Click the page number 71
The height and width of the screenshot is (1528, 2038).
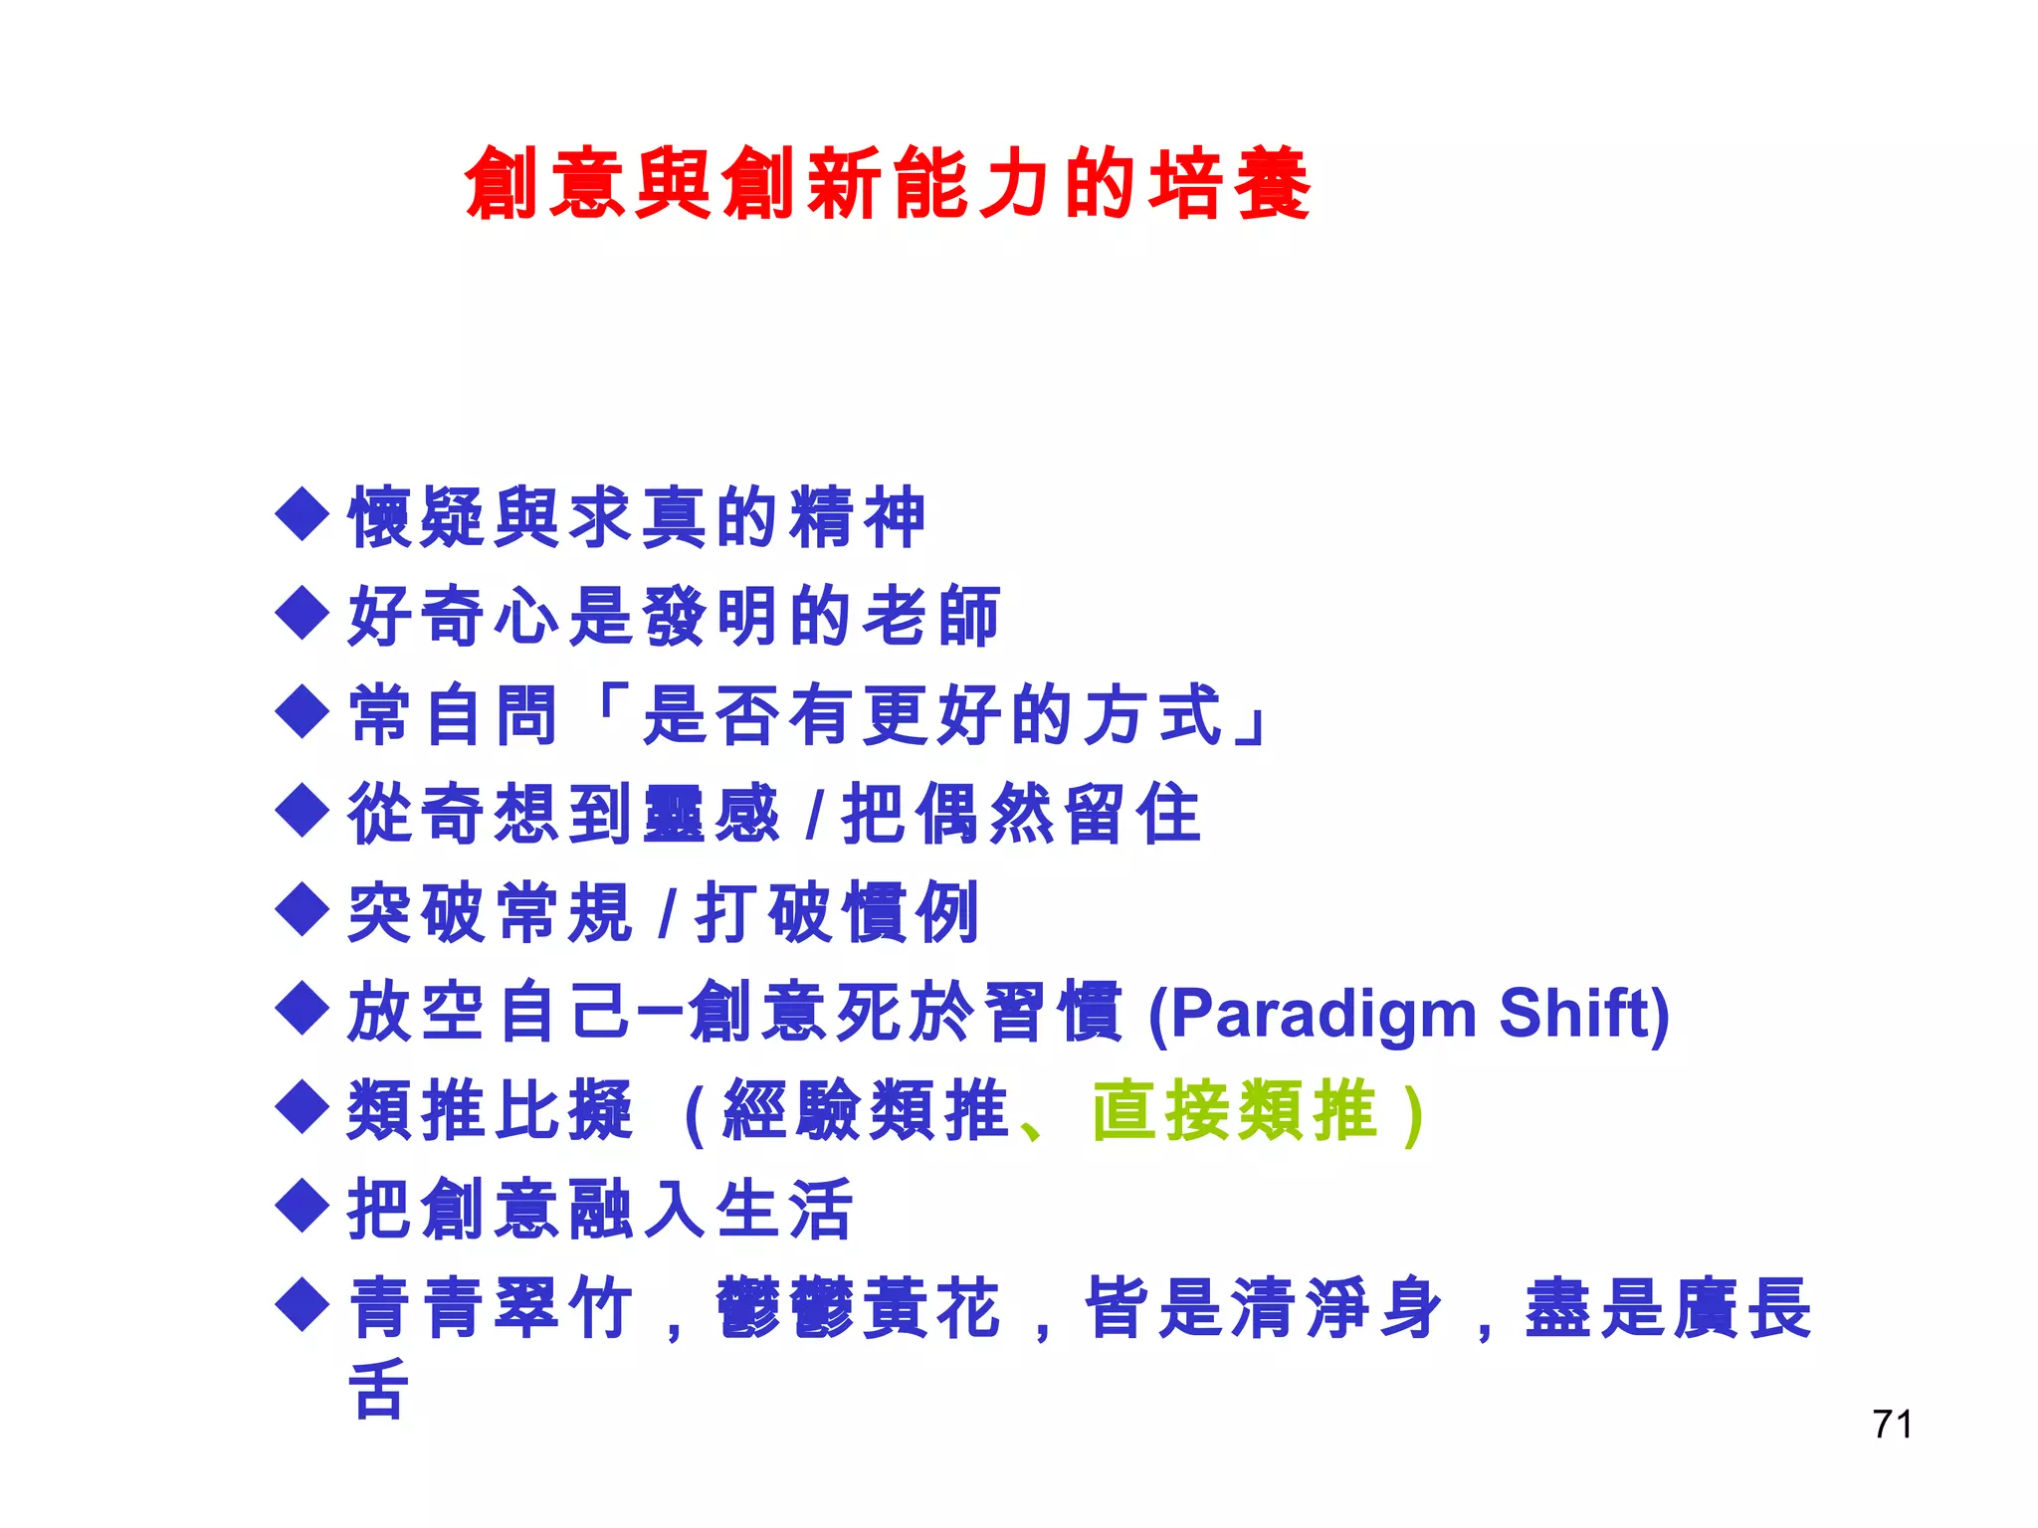click(1891, 1425)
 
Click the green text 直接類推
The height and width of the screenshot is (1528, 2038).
click(1234, 1110)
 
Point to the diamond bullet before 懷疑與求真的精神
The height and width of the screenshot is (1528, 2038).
click(302, 513)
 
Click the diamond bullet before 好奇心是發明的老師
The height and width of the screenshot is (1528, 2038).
click(302, 613)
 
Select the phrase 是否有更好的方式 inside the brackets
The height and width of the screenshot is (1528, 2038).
click(931, 714)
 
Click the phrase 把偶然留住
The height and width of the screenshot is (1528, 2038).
click(1021, 814)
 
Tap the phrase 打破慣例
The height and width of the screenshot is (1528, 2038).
click(836, 912)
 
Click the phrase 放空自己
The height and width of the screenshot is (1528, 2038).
click(488, 1012)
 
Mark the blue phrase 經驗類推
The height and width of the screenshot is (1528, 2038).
click(866, 1110)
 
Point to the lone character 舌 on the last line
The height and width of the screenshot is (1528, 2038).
click(378, 1389)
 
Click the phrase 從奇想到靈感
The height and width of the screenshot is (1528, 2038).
click(563, 814)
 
